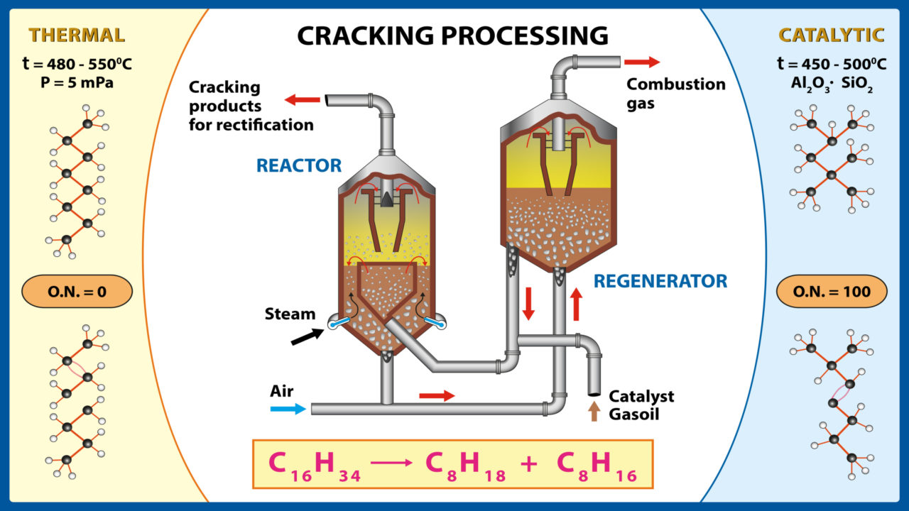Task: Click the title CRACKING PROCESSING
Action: [452, 35]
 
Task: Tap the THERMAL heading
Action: [77, 35]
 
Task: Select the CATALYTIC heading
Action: [832, 35]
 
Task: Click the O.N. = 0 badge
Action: [77, 292]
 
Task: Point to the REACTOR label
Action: [299, 166]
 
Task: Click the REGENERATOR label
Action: [660, 281]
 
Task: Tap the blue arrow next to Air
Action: [288, 409]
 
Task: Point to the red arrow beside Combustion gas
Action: [643, 62]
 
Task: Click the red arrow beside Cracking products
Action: [301, 100]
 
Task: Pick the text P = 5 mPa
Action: [77, 82]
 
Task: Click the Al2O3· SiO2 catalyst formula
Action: [832, 82]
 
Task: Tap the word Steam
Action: [290, 313]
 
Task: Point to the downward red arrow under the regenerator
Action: [528, 304]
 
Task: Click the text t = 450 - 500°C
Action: [832, 65]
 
